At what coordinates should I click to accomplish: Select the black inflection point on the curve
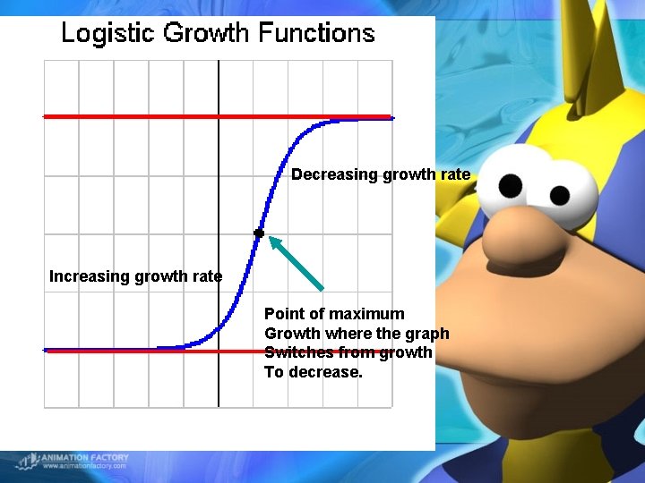click(x=259, y=233)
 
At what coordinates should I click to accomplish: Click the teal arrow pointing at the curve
click(x=296, y=262)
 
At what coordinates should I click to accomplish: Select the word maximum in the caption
click(x=366, y=314)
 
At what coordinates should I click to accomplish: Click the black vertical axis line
click(x=219, y=376)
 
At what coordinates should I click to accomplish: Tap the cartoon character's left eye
click(x=511, y=185)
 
